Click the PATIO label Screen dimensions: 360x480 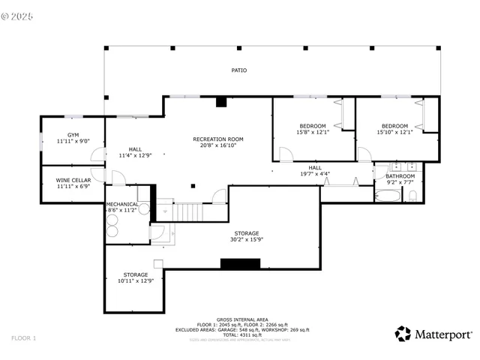point(238,70)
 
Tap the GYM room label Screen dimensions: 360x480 point(73,136)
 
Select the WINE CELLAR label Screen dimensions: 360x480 point(73,180)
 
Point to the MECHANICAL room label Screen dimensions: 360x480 point(121,205)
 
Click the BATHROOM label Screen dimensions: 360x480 point(400,176)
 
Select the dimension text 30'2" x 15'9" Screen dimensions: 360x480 point(245,240)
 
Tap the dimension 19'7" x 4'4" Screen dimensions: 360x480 point(315,174)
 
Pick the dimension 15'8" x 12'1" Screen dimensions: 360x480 point(313,132)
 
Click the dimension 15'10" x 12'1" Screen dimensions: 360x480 point(394,132)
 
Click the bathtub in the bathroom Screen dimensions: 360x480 point(388,196)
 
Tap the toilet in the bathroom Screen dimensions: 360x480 point(412,196)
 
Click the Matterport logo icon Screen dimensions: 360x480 point(403,334)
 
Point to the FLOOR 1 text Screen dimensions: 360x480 point(23,338)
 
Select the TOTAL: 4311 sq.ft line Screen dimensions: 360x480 point(241,334)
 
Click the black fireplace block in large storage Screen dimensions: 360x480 point(240,263)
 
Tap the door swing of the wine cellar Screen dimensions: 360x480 point(117,178)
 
